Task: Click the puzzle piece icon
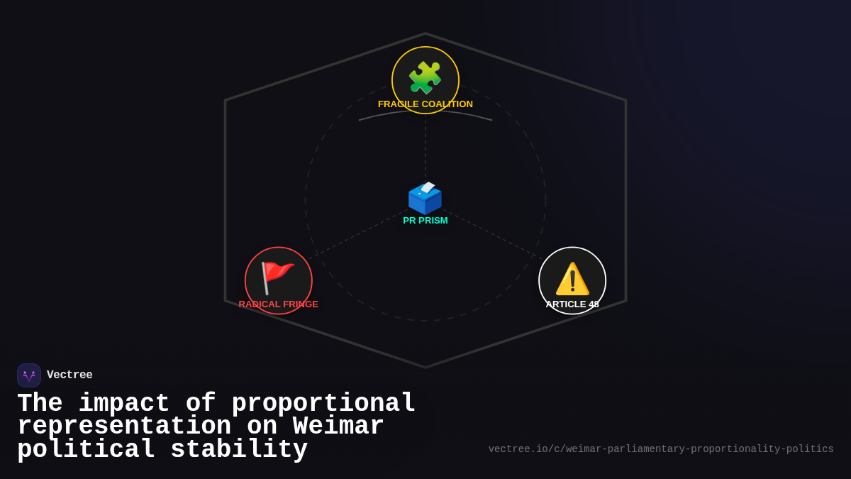tap(425, 77)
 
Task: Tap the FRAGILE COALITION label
tap(425, 104)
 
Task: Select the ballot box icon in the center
tap(425, 198)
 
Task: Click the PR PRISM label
tap(425, 221)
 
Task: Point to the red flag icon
tap(277, 277)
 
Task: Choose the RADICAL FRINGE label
tap(279, 304)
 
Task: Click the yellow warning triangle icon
tap(572, 279)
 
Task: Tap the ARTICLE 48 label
tap(572, 304)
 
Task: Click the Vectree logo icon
tap(29, 375)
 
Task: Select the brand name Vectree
tap(69, 375)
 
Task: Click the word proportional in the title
tap(323, 404)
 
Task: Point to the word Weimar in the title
tap(338, 426)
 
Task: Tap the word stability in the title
tap(239, 450)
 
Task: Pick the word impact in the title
tap(124, 404)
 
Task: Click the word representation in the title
tap(124, 426)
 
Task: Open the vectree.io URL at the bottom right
tap(661, 449)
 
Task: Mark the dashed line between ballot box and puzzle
tap(425, 149)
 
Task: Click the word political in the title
tap(86, 450)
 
